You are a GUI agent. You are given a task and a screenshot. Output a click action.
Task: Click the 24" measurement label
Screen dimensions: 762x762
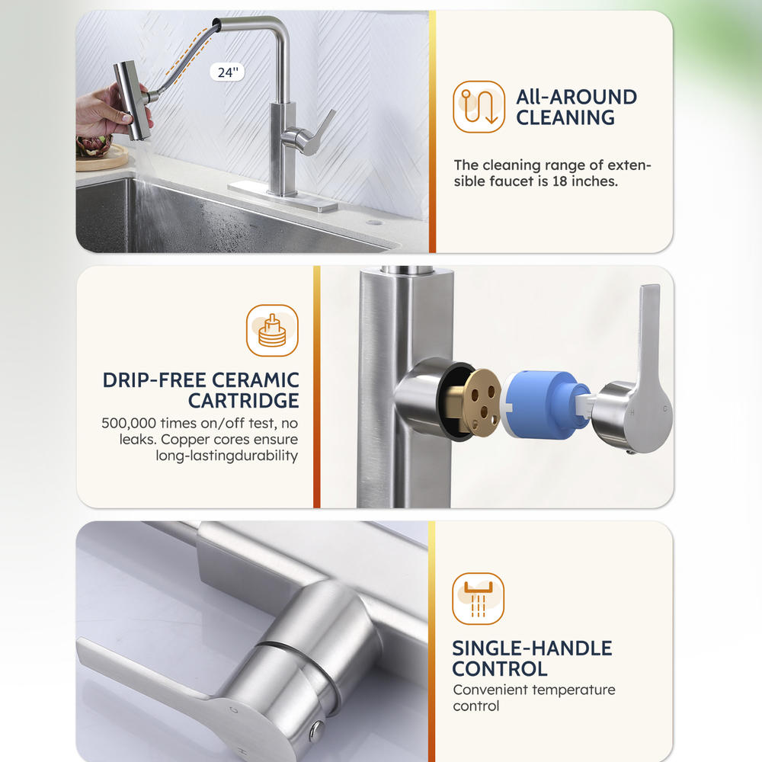pyautogui.click(x=227, y=72)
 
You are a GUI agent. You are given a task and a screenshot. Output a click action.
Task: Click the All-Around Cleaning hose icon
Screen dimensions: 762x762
pyautogui.click(x=479, y=107)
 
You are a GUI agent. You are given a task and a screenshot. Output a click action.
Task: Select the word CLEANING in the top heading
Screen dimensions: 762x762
pyautogui.click(x=565, y=117)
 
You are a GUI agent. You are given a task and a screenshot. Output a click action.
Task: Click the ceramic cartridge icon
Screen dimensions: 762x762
pyautogui.click(x=272, y=331)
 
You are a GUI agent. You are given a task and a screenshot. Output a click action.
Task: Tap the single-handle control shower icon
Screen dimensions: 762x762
pyautogui.click(x=479, y=599)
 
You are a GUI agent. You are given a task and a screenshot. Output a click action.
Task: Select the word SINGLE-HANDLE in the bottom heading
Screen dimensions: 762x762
pyautogui.click(x=532, y=648)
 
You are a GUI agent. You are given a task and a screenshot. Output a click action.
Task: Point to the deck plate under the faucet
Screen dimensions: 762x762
pyautogui.click(x=283, y=197)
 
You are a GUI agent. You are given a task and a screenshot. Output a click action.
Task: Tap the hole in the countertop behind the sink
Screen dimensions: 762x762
pyautogui.click(x=373, y=223)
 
